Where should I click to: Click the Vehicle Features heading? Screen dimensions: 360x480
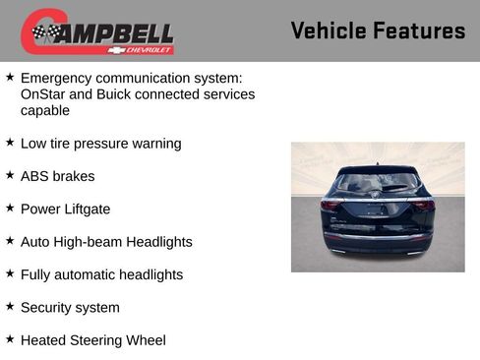coord(378,31)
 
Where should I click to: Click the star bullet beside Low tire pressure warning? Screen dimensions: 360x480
coord(10,143)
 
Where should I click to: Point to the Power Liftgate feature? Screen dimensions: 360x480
coord(65,209)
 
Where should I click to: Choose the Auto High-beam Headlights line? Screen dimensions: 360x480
coord(106,242)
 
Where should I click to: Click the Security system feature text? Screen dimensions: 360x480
coord(70,308)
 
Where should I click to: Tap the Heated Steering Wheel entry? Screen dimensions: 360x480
coord(92,340)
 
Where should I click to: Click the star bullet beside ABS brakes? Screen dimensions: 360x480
coord(10,175)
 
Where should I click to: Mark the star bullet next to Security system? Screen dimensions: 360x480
coord(10,307)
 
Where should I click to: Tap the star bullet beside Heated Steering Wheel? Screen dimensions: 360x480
coord(10,339)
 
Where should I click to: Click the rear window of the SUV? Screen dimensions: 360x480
coord(377,183)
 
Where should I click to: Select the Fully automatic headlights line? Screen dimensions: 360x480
coord(101,274)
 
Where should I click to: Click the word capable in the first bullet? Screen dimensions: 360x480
coord(45,111)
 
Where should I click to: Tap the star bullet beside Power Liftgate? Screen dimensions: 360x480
coord(10,208)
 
